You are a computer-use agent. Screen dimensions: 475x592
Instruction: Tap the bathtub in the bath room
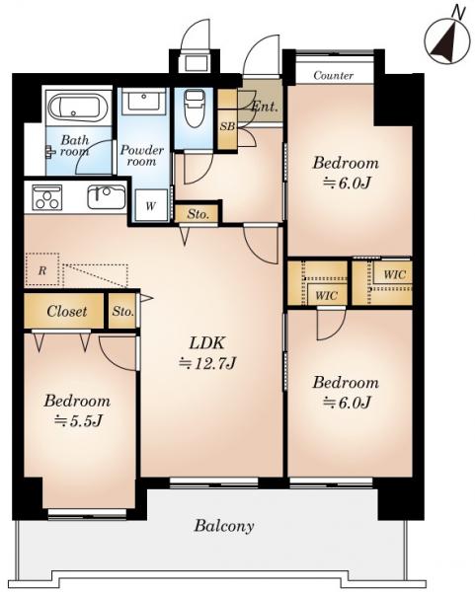tap(78, 108)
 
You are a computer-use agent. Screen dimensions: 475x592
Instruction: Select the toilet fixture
tap(195, 108)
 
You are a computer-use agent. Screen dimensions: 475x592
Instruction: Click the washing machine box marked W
tap(151, 205)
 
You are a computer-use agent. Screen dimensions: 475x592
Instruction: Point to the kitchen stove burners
tap(47, 198)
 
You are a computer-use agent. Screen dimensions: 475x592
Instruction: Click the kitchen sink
tap(107, 196)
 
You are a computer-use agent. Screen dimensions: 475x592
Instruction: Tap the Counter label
tap(334, 76)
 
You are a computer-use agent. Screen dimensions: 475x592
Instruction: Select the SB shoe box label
tap(227, 127)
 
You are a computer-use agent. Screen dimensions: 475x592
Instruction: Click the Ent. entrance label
tap(265, 107)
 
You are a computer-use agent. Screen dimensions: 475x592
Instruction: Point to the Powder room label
tap(142, 156)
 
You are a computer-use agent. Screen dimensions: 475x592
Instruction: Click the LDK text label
tap(207, 343)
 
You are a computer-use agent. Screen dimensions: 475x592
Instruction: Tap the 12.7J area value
tap(207, 363)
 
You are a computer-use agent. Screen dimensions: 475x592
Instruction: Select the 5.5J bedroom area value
tap(78, 420)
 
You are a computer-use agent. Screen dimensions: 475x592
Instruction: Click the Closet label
tap(66, 312)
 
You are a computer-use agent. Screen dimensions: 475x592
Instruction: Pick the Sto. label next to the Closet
tap(122, 312)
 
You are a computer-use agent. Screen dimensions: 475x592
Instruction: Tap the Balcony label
tap(224, 526)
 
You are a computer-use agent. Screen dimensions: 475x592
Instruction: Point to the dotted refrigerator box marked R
tap(42, 269)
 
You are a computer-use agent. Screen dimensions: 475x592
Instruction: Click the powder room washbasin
tap(143, 100)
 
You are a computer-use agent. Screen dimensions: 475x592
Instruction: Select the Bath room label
tap(75, 146)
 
